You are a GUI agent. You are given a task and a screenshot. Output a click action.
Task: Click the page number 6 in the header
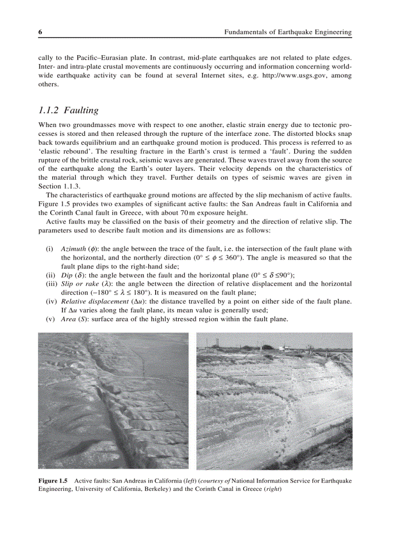40,32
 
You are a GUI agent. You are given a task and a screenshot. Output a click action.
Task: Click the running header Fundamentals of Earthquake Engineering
288,32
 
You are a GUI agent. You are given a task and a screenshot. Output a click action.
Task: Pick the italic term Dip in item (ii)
67,275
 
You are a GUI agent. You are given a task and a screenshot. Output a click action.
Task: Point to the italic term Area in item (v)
69,319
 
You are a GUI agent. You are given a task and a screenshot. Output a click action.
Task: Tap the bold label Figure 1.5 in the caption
53,480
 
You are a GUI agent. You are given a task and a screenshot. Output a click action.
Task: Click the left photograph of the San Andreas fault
113,400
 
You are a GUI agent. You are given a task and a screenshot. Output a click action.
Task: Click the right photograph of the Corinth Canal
274,400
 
